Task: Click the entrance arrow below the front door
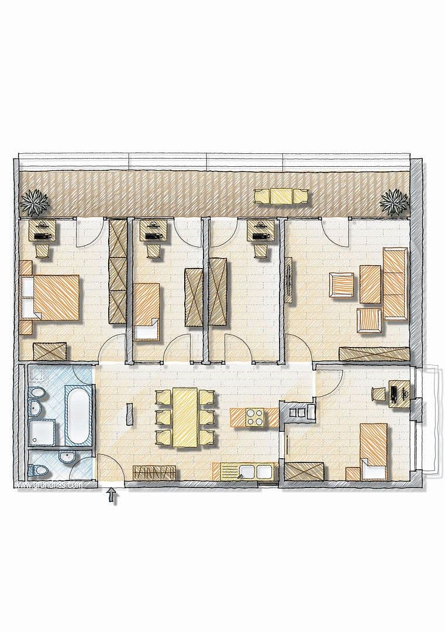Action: tap(113, 497)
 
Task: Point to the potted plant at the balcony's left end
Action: tap(35, 202)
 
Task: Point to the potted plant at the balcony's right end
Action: tap(394, 202)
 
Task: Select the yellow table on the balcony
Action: tap(281, 196)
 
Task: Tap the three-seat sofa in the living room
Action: tap(395, 283)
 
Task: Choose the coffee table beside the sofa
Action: tap(370, 284)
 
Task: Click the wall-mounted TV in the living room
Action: tap(288, 280)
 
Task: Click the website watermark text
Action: tap(47, 485)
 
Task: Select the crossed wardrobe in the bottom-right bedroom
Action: tap(304, 472)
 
